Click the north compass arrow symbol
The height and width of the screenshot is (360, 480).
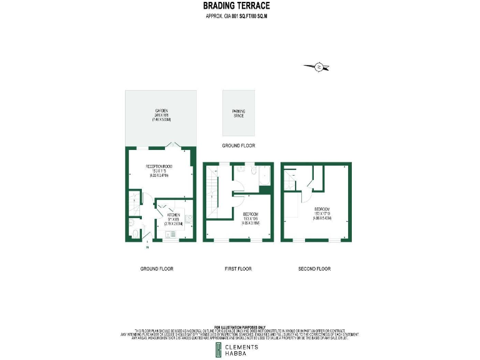(318, 66)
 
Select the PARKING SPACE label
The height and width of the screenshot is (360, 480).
(239, 114)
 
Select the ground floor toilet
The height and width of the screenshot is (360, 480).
(136, 234)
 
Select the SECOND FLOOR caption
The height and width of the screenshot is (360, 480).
(314, 269)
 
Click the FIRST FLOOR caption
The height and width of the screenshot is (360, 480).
(238, 269)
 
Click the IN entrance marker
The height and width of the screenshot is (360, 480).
(147, 248)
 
